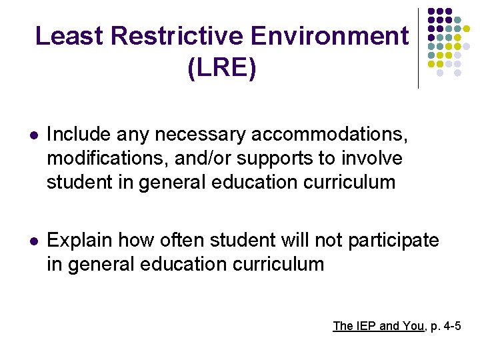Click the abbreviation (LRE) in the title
tap(222, 69)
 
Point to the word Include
tap(78, 135)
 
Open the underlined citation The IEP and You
tap(378, 326)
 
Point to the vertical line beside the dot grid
tap(419, 48)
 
